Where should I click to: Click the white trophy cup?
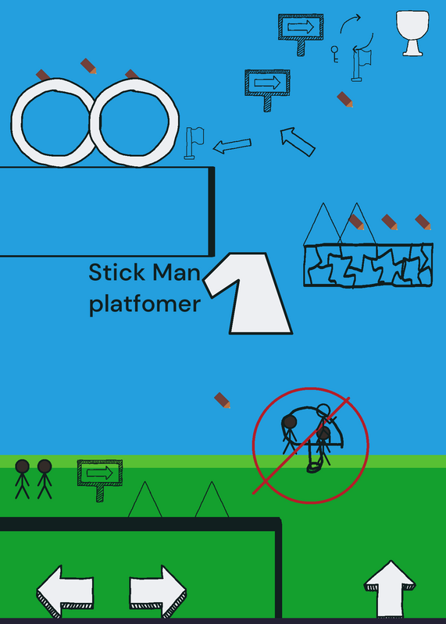click(412, 33)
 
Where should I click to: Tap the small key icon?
click(334, 54)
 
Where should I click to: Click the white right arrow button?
click(158, 590)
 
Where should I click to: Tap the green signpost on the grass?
click(100, 480)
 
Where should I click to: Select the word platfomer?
click(145, 305)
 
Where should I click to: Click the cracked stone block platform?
click(368, 264)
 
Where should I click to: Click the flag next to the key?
click(361, 65)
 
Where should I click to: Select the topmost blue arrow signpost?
click(301, 34)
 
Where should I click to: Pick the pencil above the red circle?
click(222, 400)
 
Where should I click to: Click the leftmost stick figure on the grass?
click(23, 479)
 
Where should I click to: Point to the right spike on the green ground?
click(212, 499)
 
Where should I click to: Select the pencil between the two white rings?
click(88, 66)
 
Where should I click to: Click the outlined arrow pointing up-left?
click(298, 142)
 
